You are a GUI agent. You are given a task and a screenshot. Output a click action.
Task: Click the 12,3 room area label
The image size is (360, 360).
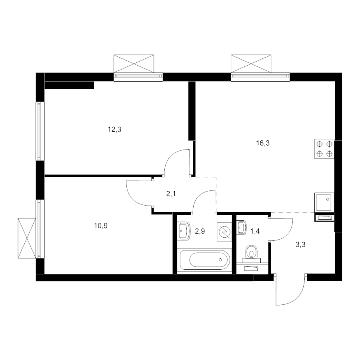tap(114, 130)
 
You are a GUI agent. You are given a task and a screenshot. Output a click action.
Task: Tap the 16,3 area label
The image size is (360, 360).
tap(263, 143)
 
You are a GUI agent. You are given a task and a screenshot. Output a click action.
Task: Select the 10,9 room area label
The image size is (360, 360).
tap(101, 226)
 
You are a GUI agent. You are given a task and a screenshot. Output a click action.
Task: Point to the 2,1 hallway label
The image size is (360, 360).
tap(171, 194)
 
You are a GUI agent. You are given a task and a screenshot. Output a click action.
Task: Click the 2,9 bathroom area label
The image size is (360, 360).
tap(200, 231)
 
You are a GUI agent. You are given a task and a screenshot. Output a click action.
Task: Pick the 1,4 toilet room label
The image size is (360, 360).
tap(255, 231)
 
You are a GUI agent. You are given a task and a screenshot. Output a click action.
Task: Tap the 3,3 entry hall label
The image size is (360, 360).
tap(300, 245)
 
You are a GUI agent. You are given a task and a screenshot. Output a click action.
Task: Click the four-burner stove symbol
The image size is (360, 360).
tap(324, 149)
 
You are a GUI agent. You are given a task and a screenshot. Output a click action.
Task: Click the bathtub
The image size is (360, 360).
tap(205, 260)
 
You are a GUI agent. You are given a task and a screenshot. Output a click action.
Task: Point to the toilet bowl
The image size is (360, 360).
tap(252, 252)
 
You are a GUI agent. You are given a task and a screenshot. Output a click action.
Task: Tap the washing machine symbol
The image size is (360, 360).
tap(224, 232)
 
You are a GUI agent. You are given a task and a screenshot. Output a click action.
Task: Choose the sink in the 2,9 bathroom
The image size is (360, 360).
tap(185, 231)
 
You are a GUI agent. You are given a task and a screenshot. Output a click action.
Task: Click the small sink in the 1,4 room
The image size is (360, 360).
tap(242, 228)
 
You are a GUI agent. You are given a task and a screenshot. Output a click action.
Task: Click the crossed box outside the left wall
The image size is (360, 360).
tap(27, 238)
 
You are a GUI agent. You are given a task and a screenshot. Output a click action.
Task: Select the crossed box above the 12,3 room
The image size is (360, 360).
tap(134, 64)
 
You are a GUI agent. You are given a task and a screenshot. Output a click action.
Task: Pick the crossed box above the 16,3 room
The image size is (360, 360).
tap(251, 64)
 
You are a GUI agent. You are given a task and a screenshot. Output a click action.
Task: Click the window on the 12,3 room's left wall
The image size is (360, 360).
tap(40, 131)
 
